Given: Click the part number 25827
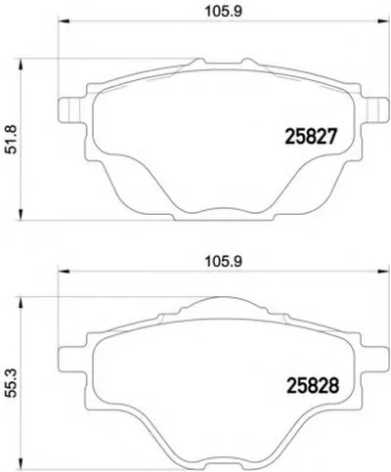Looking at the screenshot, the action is point(310,136).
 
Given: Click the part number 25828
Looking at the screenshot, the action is point(313,385).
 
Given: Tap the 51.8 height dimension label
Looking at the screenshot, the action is point(13,140).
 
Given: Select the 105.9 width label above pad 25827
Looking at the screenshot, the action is point(223,12).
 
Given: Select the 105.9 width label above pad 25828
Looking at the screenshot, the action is point(223,262).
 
